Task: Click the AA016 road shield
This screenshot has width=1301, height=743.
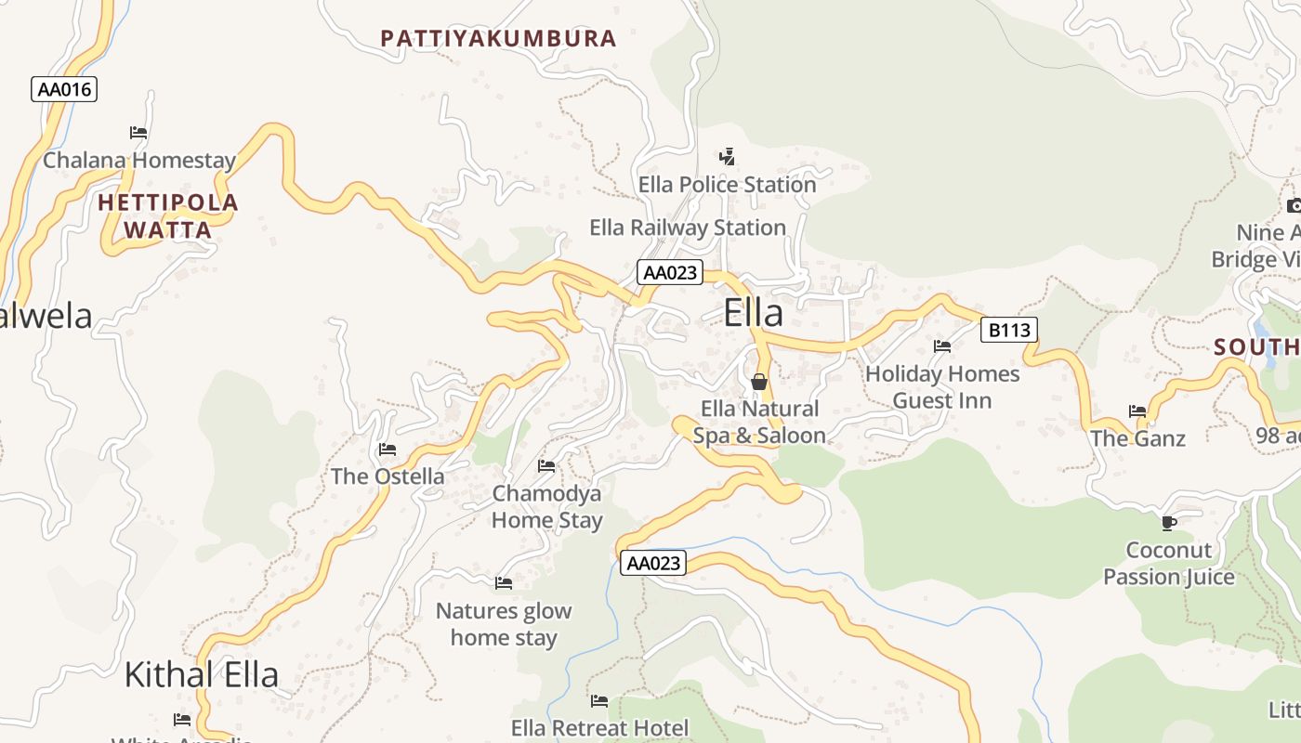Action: (x=64, y=89)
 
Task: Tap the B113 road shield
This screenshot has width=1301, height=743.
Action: (x=1008, y=330)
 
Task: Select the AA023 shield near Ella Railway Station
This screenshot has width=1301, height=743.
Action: (x=670, y=272)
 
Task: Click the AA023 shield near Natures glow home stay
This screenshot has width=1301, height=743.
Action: (x=653, y=563)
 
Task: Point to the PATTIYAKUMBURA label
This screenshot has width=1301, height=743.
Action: (x=498, y=38)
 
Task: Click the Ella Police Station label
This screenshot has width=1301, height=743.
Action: (x=727, y=185)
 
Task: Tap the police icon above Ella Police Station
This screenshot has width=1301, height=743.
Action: (x=728, y=156)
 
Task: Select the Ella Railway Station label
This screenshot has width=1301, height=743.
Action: (x=688, y=228)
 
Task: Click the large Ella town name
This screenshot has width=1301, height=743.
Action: (x=753, y=313)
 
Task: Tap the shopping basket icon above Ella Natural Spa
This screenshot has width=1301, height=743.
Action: (x=759, y=382)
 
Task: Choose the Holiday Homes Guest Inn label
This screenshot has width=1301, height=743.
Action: (x=942, y=387)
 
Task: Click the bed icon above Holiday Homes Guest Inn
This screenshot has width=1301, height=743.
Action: (x=942, y=346)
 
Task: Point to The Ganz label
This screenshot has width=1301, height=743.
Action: (x=1137, y=438)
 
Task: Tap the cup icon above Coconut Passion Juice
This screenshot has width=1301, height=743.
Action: (x=1169, y=523)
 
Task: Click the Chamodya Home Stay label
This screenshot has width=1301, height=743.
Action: (x=546, y=507)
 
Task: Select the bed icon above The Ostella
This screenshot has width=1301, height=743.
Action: (x=388, y=450)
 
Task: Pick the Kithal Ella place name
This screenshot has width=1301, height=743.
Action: (x=202, y=674)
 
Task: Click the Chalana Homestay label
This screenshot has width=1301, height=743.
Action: (x=139, y=161)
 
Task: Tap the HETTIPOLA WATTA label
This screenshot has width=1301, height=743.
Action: (x=168, y=216)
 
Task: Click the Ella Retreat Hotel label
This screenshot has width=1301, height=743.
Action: (x=599, y=728)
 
